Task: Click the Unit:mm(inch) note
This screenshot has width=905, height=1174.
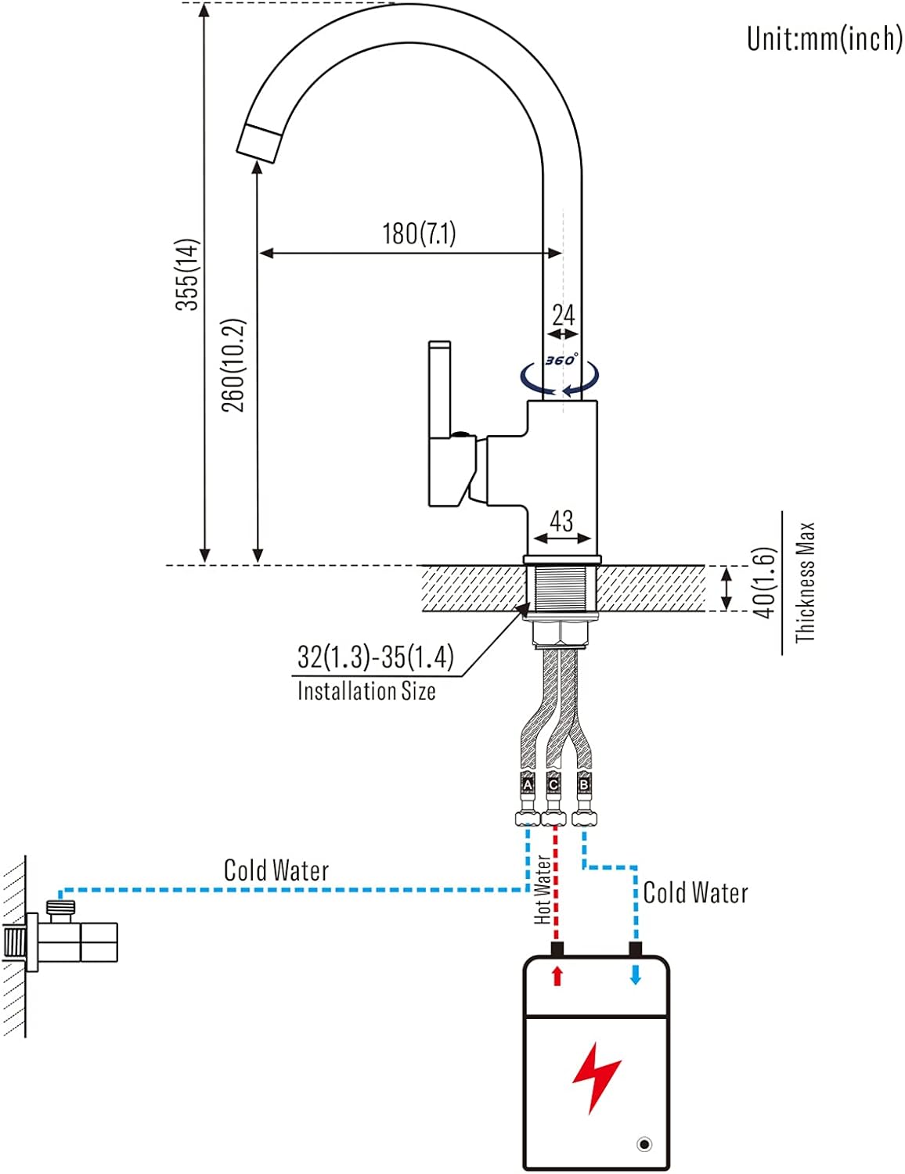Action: (824, 38)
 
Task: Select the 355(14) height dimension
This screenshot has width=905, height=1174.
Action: (187, 274)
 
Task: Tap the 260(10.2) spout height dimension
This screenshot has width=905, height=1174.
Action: (233, 365)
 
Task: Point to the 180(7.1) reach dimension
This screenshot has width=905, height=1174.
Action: (419, 233)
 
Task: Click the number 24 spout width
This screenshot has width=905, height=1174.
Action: (563, 315)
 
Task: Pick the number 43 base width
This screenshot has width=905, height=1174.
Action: (561, 520)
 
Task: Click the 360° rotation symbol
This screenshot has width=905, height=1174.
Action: (561, 361)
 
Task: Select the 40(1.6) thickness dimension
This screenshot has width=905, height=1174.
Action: (765, 582)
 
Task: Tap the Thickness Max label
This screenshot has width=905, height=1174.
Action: (805, 582)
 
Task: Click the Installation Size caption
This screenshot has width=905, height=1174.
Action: (366, 691)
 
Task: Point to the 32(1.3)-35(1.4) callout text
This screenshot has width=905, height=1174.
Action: (375, 657)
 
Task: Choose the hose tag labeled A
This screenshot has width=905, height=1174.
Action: (528, 784)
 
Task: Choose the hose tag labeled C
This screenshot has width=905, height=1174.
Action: (553, 784)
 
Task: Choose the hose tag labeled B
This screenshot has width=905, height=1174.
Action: (583, 783)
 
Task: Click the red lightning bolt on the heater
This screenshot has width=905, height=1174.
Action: (596, 1076)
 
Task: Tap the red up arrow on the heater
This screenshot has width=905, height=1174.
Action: (557, 975)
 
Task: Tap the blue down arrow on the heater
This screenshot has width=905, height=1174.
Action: (636, 975)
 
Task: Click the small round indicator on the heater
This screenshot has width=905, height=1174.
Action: (644, 1144)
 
